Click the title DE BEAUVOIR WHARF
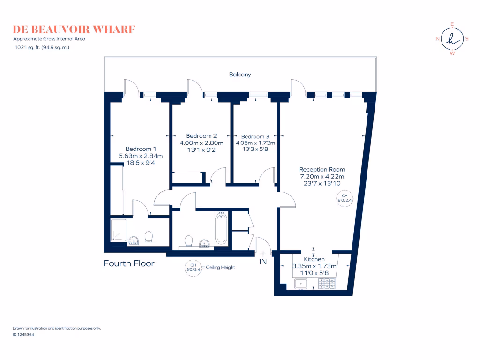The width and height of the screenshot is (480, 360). pos(75,30)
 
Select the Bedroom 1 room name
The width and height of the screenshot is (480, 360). pos(141,149)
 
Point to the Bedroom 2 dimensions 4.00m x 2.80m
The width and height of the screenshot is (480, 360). pos(202,142)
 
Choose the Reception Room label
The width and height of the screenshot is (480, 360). pos(322,169)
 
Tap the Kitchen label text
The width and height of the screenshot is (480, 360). pos(314,259)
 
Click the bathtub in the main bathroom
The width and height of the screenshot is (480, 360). pos(221,229)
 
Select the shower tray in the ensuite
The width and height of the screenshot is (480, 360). pos(118,231)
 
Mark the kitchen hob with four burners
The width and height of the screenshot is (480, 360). pos(327,283)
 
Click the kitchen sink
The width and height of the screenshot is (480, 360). pos(300,283)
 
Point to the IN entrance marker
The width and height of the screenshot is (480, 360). pos(263,262)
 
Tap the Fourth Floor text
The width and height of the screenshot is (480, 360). pos(129,263)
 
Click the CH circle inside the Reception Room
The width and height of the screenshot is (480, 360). pos(345,198)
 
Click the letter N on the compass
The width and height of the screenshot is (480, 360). pos(438,39)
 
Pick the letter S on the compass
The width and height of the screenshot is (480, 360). pos(467,39)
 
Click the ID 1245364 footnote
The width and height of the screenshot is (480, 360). pos(23,335)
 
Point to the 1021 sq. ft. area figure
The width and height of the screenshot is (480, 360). pos(27,47)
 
